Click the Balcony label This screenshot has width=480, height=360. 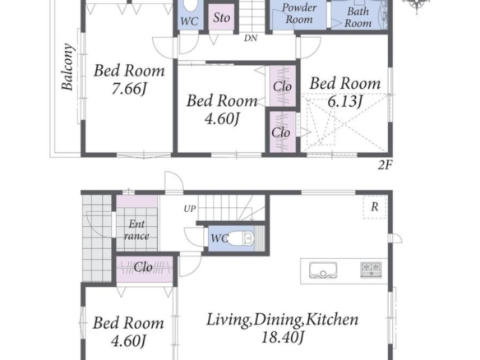pos(67,67)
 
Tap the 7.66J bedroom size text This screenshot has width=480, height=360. pos(129,89)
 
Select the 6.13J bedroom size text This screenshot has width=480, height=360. pos(345,101)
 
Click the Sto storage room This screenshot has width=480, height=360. pos(221,17)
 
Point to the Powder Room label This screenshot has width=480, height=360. pos(299,13)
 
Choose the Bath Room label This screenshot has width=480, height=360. pos(358,17)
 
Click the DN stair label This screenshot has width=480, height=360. pos(251,39)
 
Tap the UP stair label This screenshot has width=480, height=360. pos(190,209)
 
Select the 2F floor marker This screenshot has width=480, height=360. pos(385,165)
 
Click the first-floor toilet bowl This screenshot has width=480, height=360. pos(242,238)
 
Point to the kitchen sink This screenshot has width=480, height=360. pos(323,270)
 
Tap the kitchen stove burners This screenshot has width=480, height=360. pos(371,270)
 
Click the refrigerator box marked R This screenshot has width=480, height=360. pos(375,207)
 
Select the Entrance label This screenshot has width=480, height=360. pos(136,229)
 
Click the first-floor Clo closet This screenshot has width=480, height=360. pos(145,269)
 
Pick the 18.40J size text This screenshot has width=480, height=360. pos(282,338)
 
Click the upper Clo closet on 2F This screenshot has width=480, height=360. pos(282,86)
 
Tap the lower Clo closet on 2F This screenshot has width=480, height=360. pos(281,132)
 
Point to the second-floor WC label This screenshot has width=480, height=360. pos(189,21)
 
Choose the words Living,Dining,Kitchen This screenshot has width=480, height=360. pos(282,320)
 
